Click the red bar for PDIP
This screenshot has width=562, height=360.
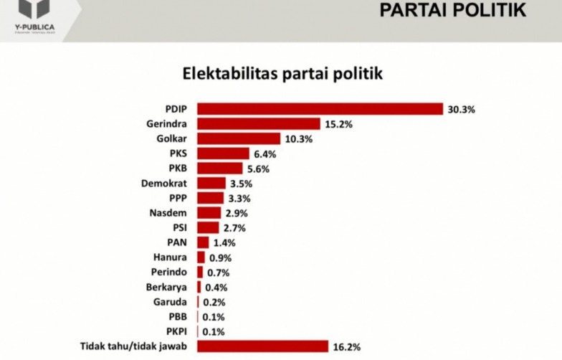(320, 109)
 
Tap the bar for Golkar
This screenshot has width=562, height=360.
(239, 138)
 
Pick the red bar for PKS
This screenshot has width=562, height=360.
(223, 153)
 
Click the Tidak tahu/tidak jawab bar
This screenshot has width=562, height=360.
(262, 346)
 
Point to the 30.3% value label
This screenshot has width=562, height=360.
(462, 110)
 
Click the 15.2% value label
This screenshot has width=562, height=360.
(338, 124)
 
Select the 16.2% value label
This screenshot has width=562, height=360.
(346, 347)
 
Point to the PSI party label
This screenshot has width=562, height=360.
(179, 228)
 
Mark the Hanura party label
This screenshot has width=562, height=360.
(173, 257)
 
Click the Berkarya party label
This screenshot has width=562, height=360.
(169, 287)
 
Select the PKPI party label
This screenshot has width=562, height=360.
(176, 331)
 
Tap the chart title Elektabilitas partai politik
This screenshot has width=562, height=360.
(282, 74)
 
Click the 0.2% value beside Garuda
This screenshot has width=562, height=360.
(213, 302)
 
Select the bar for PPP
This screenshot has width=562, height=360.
(210, 198)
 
